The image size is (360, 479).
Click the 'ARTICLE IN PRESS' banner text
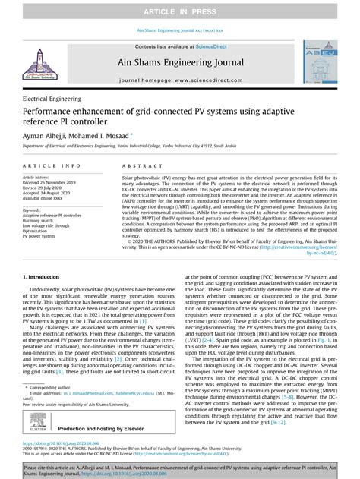point(180,8)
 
